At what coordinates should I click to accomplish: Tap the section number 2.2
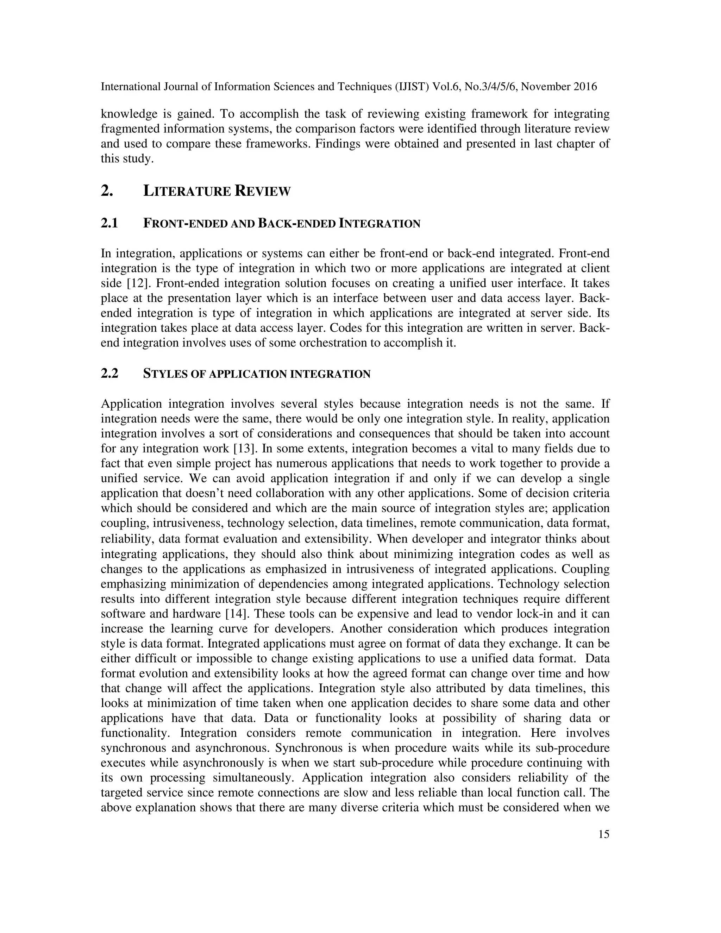tap(109, 374)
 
